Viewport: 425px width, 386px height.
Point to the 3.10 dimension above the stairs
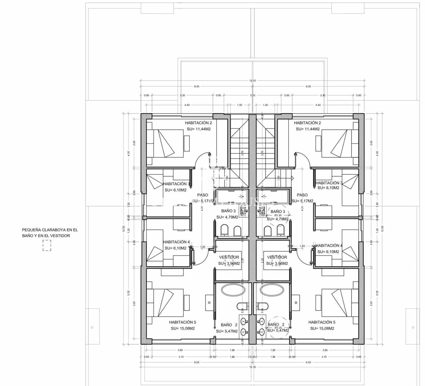pyautogui.click(x=253, y=95)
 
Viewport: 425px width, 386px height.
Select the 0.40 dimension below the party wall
pyautogui.click(x=253, y=357)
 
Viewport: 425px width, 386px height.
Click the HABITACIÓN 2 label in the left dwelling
pyautogui.click(x=198, y=123)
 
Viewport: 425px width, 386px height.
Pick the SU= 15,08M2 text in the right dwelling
pyautogui.click(x=322, y=328)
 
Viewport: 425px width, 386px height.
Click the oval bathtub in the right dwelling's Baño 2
pyautogui.click(x=272, y=290)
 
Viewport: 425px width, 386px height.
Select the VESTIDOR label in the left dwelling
pyautogui.click(x=229, y=257)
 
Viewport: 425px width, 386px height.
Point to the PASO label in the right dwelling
pyautogui.click(x=302, y=195)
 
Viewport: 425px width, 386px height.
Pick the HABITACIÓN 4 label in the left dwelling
pyautogui.click(x=176, y=242)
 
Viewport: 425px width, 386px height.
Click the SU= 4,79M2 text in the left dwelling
pyautogui.click(x=227, y=217)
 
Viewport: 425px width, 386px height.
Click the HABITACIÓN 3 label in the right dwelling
pyautogui.click(x=328, y=183)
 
